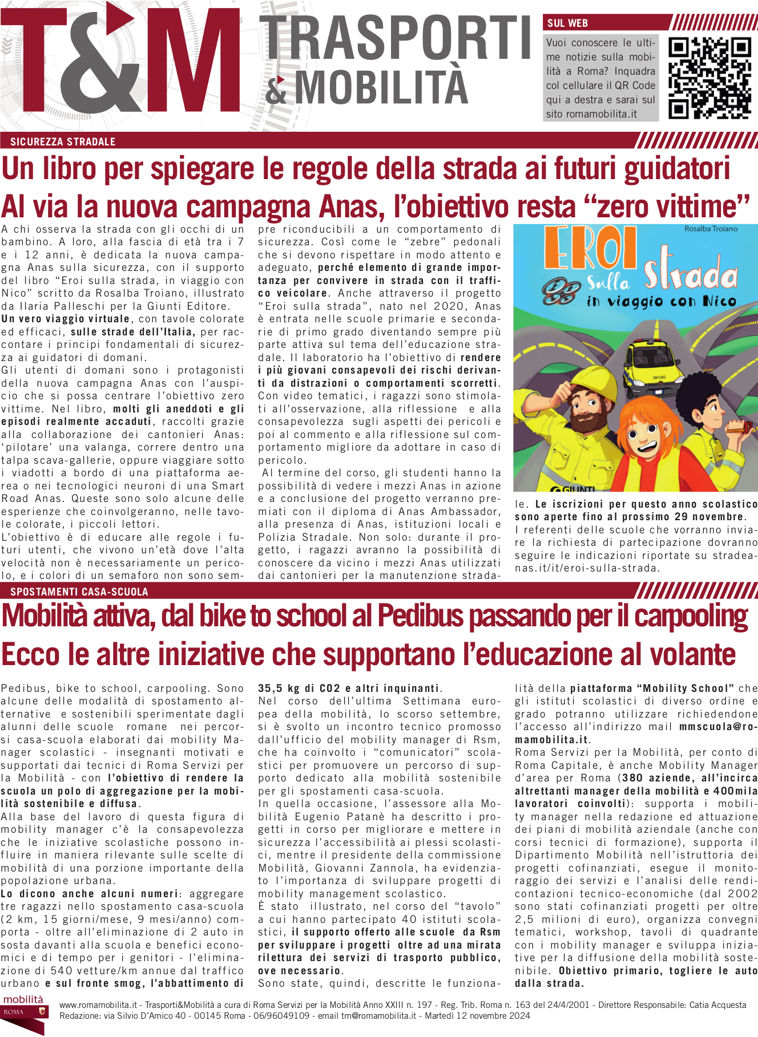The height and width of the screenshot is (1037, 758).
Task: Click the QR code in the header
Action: (709, 78)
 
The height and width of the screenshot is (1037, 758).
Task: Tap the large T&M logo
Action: (120, 60)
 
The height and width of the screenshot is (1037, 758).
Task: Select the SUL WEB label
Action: (567, 23)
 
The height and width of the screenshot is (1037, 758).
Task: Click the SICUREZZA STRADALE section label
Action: (63, 141)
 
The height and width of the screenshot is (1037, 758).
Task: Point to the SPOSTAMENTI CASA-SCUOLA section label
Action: (79, 592)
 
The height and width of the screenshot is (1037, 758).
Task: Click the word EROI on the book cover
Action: (590, 249)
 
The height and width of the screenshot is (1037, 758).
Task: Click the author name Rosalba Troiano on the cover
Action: (711, 229)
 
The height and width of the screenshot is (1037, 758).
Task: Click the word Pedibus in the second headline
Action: (420, 616)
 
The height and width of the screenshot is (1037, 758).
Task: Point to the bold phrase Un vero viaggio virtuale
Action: (66, 319)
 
